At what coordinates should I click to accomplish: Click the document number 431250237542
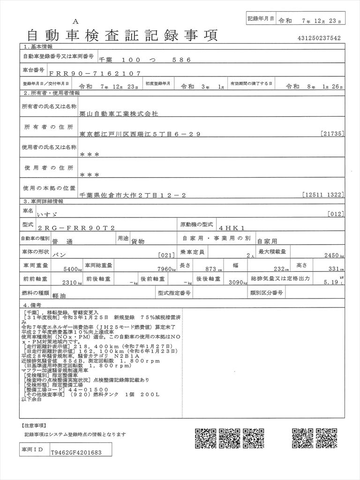318,38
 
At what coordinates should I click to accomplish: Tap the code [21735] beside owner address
333,134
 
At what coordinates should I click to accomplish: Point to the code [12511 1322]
323,194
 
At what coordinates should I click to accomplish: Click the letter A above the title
75,22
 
